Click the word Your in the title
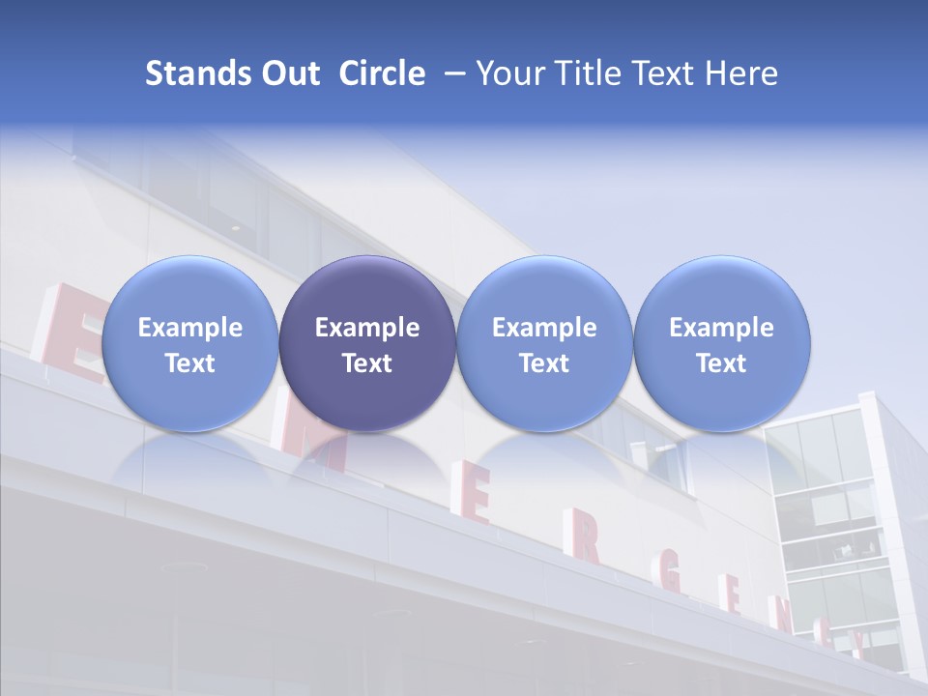pyautogui.click(x=509, y=73)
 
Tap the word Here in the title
pyautogui.click(x=741, y=73)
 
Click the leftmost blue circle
pyautogui.click(x=190, y=343)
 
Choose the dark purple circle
pyautogui.click(x=367, y=343)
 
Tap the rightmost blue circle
pyautogui.click(x=721, y=343)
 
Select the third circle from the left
pyautogui.click(x=544, y=343)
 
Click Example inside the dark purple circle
pyautogui.click(x=367, y=328)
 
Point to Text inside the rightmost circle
pyautogui.click(x=721, y=363)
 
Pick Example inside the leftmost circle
pyautogui.click(x=190, y=328)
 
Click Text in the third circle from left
pyautogui.click(x=544, y=363)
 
